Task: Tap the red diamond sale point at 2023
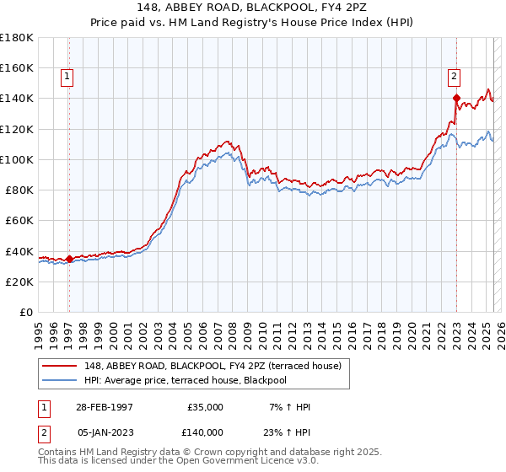click(456, 98)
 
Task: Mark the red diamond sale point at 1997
click(69, 259)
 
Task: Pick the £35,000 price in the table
click(205, 407)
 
